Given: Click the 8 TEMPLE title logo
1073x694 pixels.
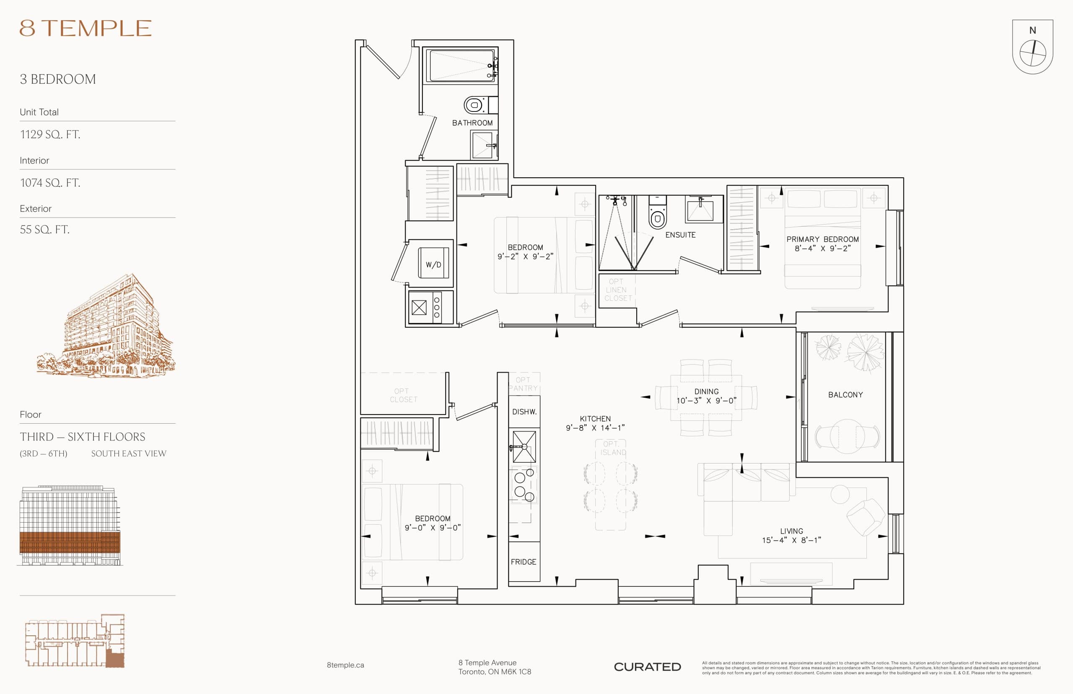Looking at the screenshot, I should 85,28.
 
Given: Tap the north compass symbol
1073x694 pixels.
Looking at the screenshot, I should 1032,53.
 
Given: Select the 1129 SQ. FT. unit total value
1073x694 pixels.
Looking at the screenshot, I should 50,134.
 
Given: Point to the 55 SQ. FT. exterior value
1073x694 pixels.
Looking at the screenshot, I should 44,229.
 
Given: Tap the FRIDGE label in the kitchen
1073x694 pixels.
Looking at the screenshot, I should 523,562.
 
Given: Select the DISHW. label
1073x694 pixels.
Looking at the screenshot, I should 524,412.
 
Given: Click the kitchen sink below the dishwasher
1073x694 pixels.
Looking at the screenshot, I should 524,447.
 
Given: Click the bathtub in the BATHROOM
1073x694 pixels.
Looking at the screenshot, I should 461,66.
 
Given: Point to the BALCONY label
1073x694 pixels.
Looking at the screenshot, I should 845,395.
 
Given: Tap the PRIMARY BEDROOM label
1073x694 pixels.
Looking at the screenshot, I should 822,239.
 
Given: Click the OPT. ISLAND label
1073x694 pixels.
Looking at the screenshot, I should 612,448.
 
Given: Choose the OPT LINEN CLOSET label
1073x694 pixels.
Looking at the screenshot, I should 617,290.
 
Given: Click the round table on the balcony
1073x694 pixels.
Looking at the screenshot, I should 847,436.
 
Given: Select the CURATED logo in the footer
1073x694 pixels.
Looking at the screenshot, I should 647,667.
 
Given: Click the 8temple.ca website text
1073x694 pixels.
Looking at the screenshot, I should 345,665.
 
